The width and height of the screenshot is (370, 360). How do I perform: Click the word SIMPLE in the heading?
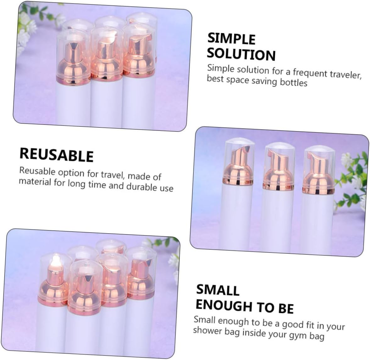tap(231, 39)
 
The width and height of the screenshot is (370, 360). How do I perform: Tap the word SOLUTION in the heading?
tap(241, 54)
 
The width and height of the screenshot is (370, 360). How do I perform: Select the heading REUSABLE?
tap(57, 155)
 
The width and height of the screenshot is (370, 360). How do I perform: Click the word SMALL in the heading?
tap(218, 290)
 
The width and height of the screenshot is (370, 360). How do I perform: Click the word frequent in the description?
tap(305, 72)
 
